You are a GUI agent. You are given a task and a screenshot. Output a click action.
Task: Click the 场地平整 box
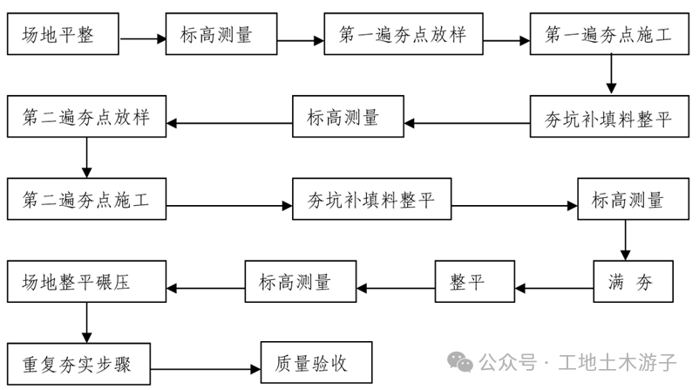coord(61,36)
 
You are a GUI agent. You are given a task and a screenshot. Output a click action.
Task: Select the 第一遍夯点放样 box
coord(402,36)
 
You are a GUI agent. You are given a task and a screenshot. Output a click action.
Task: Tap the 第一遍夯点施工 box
coord(610,36)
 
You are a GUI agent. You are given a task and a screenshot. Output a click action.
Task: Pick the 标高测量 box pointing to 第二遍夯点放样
coord(348,119)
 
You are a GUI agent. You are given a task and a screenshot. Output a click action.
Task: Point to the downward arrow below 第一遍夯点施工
coord(611,75)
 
